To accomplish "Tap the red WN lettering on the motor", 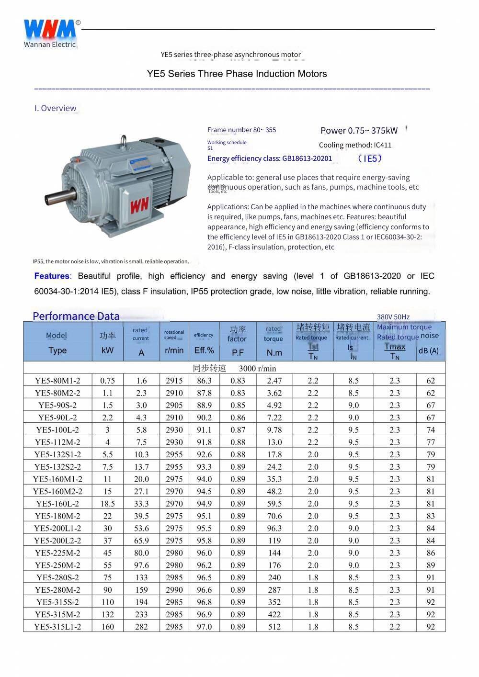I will (x=139, y=205).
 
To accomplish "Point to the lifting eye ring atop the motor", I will (x=124, y=140).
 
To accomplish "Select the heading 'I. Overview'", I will (x=55, y=108).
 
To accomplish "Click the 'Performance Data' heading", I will (x=76, y=316).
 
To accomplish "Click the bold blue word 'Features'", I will (x=52, y=276).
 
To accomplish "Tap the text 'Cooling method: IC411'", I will (x=355, y=145).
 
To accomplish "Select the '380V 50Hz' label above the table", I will (x=393, y=317).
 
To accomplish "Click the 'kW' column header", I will (x=107, y=350).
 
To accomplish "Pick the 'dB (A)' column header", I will (x=428, y=351).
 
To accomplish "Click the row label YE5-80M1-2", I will (x=57, y=381).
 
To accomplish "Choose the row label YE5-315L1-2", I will (x=57, y=627).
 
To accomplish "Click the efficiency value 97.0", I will (x=204, y=627).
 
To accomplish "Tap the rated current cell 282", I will (x=141, y=627).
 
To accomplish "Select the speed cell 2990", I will (x=174, y=590).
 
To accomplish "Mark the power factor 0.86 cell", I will (x=238, y=417).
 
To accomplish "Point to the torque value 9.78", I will (x=274, y=430).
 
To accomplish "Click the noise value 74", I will (x=431, y=430).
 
